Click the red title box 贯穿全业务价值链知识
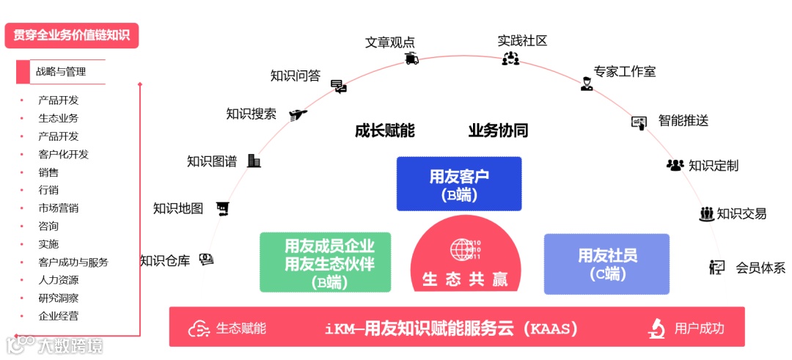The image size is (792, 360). tap(71, 35)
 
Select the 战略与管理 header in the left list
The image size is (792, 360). tap(61, 72)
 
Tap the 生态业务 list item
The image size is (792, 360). tap(59, 118)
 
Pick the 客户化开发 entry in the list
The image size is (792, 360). tap(64, 154)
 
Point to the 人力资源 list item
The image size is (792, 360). tap(59, 280)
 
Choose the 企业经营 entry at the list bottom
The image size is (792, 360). tap(59, 316)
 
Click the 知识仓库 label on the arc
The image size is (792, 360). tap(165, 260)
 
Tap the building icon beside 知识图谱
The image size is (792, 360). tap(254, 161)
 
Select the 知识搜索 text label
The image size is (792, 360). tap(251, 114)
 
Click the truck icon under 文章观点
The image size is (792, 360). tap(411, 59)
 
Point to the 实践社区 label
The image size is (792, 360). tap(522, 40)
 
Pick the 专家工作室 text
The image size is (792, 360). tap(625, 72)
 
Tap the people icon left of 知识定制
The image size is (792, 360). tap(675, 165)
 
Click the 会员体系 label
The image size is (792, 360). tap(760, 268)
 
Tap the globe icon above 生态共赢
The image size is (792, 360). tap(463, 249)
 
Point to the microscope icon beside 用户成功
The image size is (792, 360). tap(656, 328)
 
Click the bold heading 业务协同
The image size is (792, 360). tap(498, 131)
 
